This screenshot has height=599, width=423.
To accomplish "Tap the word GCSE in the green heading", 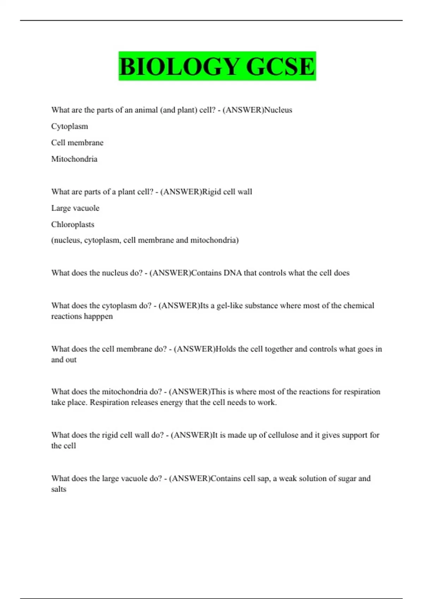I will click(280, 66).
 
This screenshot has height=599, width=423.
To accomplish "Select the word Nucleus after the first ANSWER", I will click(278, 110).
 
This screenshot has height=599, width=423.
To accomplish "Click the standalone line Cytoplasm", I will click(69, 126).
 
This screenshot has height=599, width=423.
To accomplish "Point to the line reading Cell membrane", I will click(77, 143).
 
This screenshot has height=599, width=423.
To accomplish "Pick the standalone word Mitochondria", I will click(74, 159).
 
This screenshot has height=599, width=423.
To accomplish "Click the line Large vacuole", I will click(75, 208).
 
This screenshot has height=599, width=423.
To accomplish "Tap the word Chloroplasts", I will click(73, 224).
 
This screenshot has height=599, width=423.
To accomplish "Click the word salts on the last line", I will click(59, 489).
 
